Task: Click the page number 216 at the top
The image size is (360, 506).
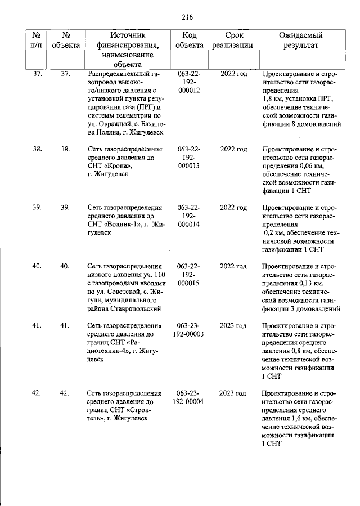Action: (x=187, y=16)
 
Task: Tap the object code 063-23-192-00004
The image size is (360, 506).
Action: (x=189, y=397)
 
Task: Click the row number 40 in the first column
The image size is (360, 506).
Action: (x=38, y=266)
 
